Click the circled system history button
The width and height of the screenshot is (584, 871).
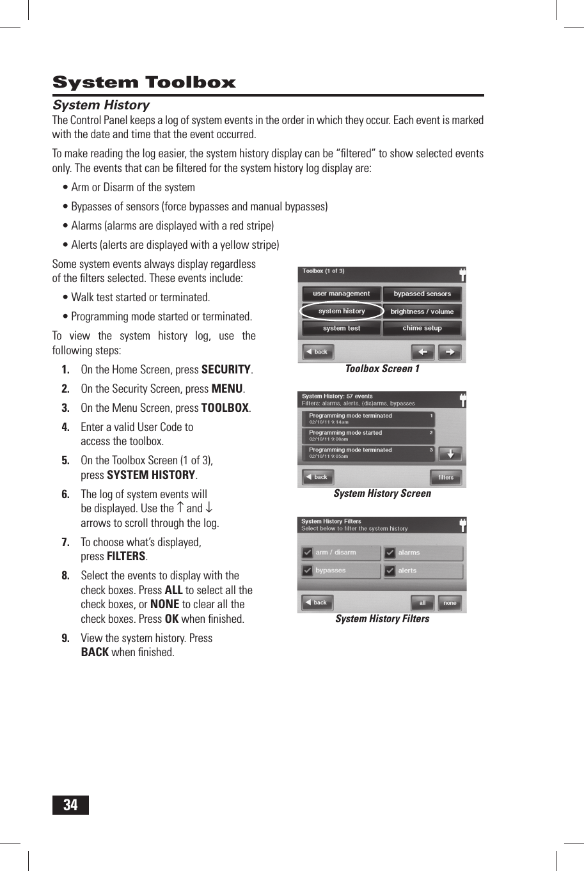342,311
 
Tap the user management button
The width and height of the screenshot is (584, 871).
342,294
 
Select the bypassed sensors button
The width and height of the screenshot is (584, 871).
422,294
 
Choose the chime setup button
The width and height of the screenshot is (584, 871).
422,328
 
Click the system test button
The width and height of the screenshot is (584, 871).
342,328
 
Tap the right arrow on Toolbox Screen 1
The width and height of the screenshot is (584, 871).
450,352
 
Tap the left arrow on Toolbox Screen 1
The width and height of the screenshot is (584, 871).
423,352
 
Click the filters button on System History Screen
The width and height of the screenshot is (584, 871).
446,477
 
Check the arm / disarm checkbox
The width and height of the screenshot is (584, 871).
308,553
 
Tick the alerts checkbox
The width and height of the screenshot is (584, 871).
390,570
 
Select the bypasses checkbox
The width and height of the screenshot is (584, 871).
308,570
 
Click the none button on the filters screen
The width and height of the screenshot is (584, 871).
450,602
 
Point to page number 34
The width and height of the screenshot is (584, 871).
70,804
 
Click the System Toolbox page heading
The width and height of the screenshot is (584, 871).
144,82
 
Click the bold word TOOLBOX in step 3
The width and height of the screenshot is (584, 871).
225,408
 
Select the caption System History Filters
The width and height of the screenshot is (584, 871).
382,619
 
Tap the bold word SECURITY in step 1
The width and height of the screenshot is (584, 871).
226,370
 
